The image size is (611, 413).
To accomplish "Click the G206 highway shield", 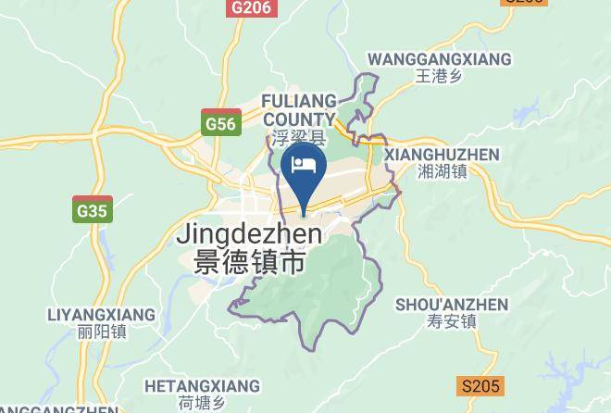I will click(251, 7).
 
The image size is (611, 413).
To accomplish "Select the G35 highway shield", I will click(93, 210).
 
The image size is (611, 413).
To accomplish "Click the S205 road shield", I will click(480, 386).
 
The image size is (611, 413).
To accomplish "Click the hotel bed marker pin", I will click(304, 168).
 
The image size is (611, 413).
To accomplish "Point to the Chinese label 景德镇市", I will click(250, 263).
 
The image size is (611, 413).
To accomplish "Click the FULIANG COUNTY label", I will click(298, 109).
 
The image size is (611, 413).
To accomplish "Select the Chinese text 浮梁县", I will click(299, 139).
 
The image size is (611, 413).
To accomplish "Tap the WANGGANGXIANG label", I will click(439, 59).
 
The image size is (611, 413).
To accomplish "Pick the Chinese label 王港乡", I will click(439, 77).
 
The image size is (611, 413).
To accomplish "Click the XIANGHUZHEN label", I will click(441, 155).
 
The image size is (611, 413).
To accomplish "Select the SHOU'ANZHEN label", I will click(452, 305).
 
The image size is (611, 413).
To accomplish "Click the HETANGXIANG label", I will click(203, 384).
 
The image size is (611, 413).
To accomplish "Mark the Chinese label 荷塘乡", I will click(203, 403).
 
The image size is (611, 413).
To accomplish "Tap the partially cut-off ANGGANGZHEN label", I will click(58, 408).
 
